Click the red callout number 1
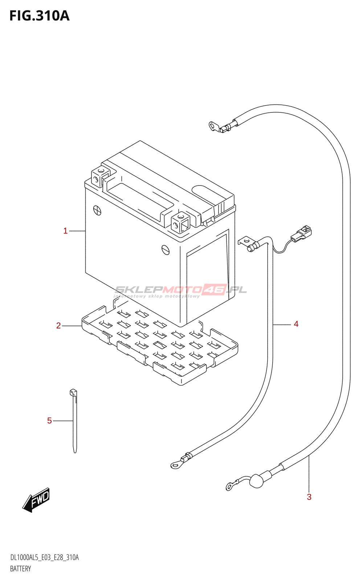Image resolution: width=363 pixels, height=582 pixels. click(x=65, y=231)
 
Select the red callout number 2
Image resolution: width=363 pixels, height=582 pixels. click(x=58, y=326)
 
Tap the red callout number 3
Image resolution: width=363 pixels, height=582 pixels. click(x=309, y=497)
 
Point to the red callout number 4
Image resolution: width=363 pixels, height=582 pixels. click(x=296, y=324)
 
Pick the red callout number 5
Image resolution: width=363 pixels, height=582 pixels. click(x=49, y=420)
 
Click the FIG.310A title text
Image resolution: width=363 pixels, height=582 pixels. click(x=40, y=16)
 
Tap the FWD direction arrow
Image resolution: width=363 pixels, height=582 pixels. click(x=36, y=500)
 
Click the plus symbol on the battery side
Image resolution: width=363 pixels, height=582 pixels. click(x=97, y=210)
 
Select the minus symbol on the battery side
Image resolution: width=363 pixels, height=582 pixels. click(x=166, y=250)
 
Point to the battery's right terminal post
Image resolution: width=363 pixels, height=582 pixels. click(x=181, y=222)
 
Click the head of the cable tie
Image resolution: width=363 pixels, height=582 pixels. click(x=73, y=392)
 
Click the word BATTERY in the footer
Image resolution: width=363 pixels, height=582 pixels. click(x=20, y=569)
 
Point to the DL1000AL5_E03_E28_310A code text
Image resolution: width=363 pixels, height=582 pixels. click(x=44, y=558)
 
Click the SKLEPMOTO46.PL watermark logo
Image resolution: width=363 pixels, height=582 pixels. click(x=180, y=291)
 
